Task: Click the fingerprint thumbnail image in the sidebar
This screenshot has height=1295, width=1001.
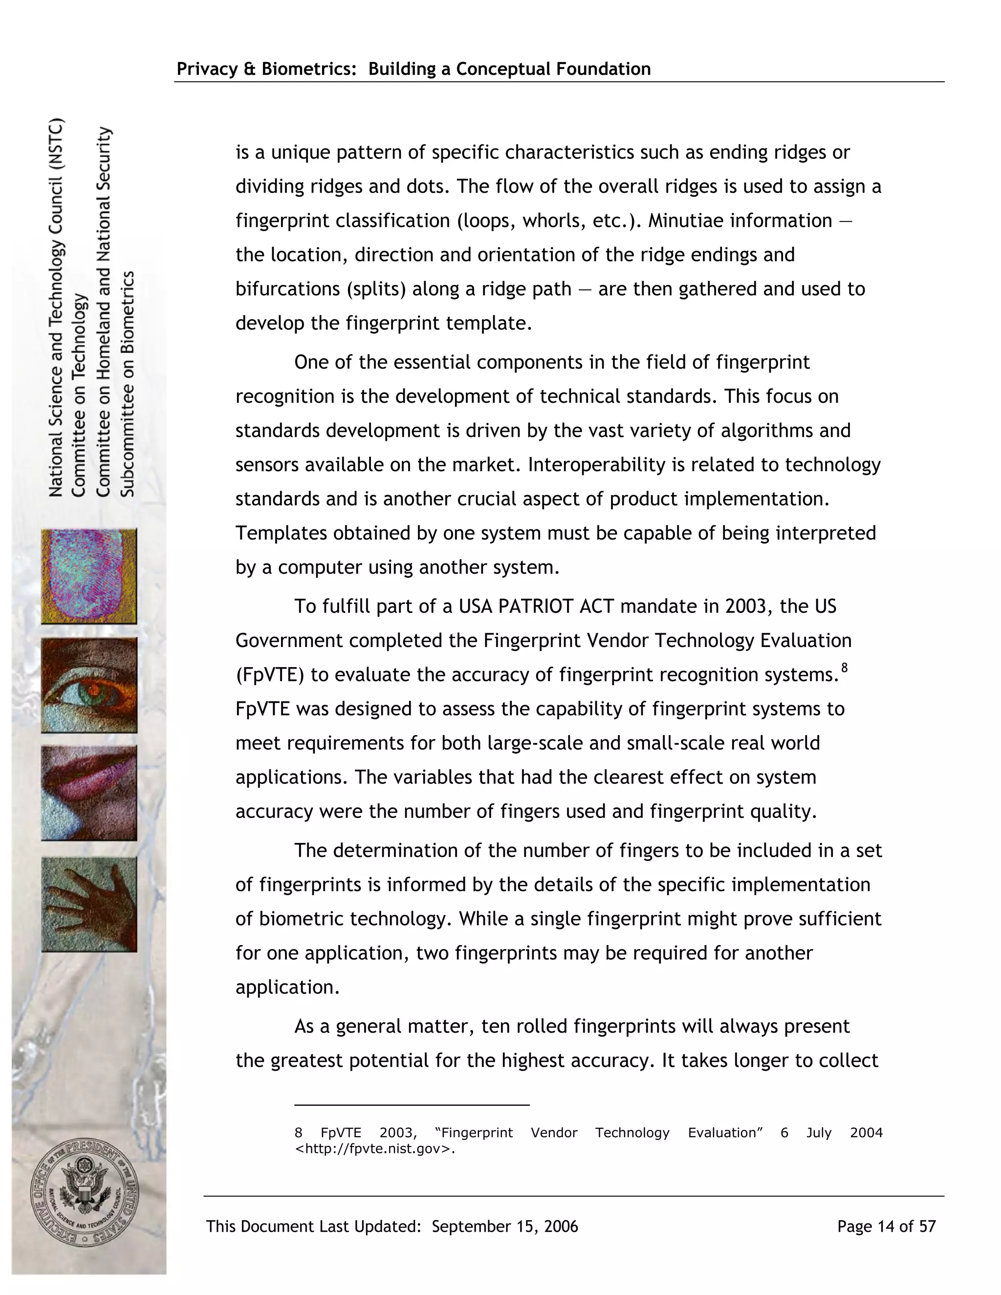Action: point(89,576)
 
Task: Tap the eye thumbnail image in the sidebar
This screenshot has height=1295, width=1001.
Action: point(89,685)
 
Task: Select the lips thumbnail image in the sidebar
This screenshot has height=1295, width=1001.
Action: point(89,793)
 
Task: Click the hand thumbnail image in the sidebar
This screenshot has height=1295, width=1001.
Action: point(89,904)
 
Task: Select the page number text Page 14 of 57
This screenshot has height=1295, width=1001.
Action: point(886,1226)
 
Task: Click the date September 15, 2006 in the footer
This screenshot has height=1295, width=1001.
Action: point(504,1226)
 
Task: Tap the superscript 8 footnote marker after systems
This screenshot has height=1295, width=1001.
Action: point(845,668)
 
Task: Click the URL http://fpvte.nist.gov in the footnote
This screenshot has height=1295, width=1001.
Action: point(375,1148)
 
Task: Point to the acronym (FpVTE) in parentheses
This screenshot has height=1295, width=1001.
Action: point(270,675)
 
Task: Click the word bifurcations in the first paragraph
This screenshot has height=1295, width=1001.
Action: point(287,289)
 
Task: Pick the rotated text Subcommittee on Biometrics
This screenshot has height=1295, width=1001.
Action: point(128,384)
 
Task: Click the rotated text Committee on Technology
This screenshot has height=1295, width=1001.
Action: point(79,395)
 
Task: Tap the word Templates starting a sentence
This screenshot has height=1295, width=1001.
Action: point(281,533)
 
